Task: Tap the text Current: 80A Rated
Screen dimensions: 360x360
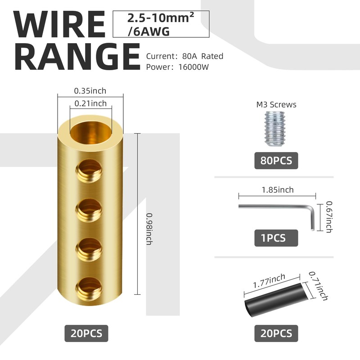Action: (x=184, y=56)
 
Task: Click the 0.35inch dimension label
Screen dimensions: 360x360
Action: (x=90, y=91)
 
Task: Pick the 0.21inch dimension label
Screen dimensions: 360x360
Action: (x=90, y=103)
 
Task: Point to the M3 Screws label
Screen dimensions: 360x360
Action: (x=276, y=105)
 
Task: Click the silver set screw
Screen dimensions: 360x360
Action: (x=276, y=128)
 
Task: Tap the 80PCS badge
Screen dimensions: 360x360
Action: (x=276, y=160)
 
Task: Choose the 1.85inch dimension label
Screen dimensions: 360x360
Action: (x=277, y=190)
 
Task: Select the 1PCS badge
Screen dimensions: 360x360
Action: (x=276, y=237)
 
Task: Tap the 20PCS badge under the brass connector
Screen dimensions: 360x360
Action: (x=86, y=333)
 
